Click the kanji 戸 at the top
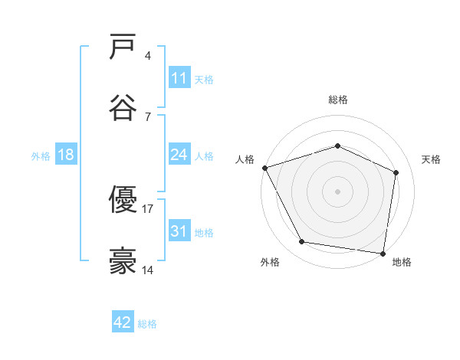tap(123, 48)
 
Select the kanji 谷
tap(123, 108)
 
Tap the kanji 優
tap(123, 200)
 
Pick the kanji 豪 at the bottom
tap(123, 261)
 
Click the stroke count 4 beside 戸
tap(148, 55)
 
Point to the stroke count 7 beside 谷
tap(148, 116)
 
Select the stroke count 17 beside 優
tap(148, 208)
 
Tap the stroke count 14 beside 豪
tap(148, 270)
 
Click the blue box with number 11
tap(179, 78)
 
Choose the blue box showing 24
tap(179, 155)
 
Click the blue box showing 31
tap(179, 231)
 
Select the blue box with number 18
tap(66, 155)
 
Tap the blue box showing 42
tap(123, 322)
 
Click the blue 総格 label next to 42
tap(147, 324)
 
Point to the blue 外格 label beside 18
tap(41, 156)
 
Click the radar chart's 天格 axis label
tap(432, 159)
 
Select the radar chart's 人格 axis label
tap(245, 159)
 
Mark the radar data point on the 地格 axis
tap(383, 253)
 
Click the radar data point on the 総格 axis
tap(337, 146)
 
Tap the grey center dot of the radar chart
tap(337, 191)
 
